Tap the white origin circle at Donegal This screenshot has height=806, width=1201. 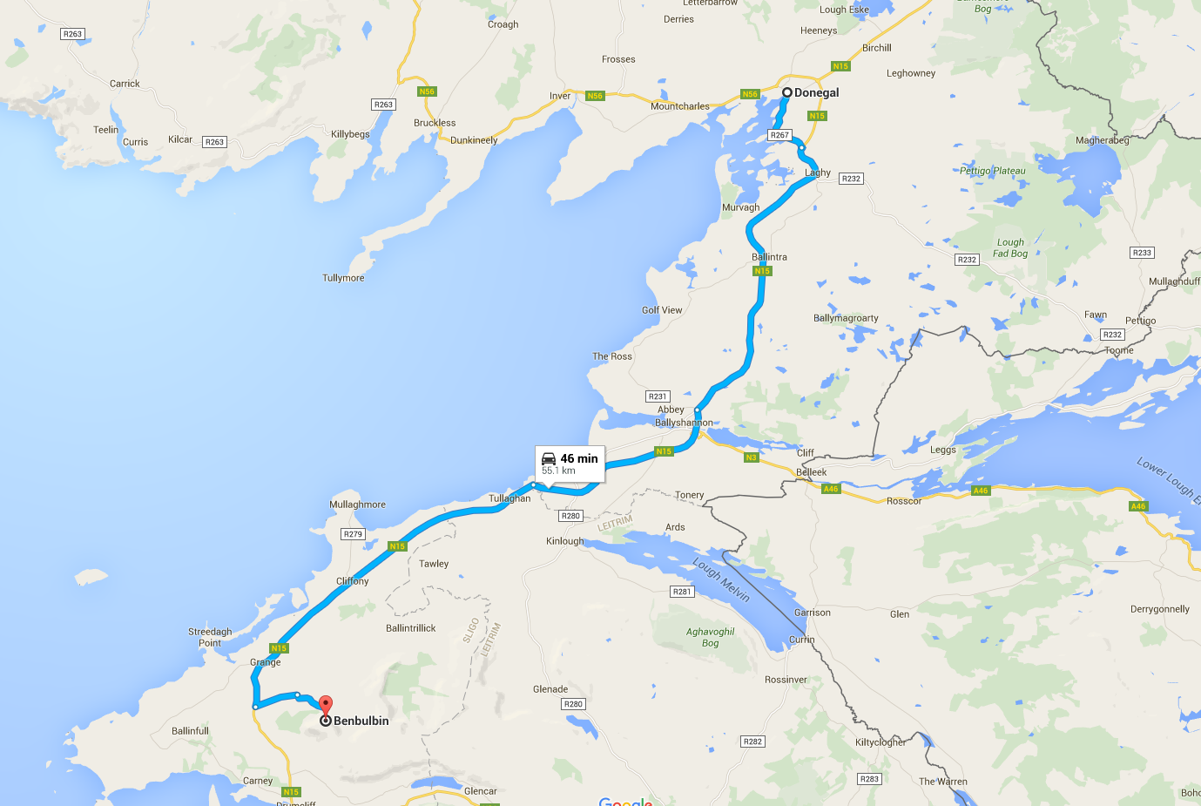click(786, 92)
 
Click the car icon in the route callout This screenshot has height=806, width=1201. click(549, 458)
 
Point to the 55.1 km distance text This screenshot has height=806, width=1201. click(558, 471)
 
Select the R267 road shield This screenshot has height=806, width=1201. click(779, 135)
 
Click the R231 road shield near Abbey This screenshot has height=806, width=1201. click(658, 396)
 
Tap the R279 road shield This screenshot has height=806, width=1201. click(353, 534)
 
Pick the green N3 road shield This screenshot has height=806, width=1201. click(752, 457)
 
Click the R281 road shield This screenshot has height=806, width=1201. click(682, 592)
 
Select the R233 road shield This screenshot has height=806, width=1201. click(1142, 253)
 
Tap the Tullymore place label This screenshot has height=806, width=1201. click(343, 278)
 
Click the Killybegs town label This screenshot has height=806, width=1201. click(350, 134)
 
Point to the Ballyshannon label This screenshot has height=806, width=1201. click(684, 423)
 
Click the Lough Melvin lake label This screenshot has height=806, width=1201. click(721, 579)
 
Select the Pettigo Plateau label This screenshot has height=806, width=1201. click(992, 171)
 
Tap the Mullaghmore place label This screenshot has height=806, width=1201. click(357, 505)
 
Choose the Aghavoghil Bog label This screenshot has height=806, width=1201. click(710, 637)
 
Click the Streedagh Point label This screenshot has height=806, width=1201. click(210, 637)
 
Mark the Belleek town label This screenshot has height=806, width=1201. click(812, 472)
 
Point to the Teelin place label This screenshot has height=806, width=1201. click(105, 130)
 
